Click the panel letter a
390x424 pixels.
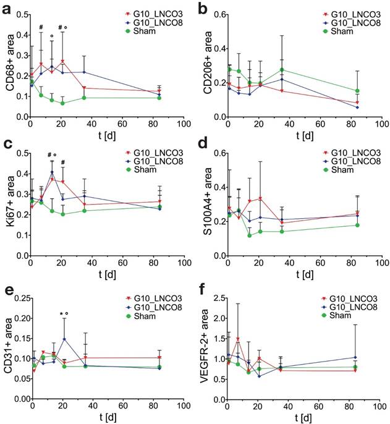(9, 9)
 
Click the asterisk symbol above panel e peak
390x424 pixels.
(61, 314)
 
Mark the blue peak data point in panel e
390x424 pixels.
(64, 338)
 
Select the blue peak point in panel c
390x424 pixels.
(53, 172)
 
